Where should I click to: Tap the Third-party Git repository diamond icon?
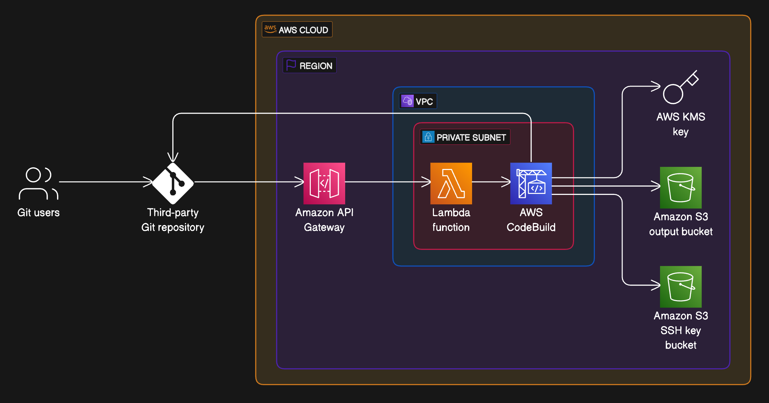point(173,183)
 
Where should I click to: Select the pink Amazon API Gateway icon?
point(324,183)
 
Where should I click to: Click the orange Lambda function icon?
point(451,183)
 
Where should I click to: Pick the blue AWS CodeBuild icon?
point(531,183)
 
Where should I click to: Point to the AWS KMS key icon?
point(680,87)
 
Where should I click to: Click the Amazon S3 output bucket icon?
point(680,188)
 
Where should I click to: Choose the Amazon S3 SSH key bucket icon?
point(680,287)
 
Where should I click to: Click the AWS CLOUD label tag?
point(297,30)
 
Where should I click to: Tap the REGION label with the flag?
point(309,65)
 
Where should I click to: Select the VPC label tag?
point(418,101)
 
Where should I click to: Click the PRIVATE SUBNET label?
point(471,137)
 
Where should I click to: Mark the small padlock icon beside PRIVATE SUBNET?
point(428,137)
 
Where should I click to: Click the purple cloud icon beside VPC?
point(407,101)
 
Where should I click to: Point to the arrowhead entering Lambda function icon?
point(427,182)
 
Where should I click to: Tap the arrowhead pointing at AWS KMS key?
point(656,86)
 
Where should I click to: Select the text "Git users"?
point(38,212)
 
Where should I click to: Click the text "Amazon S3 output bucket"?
point(680,224)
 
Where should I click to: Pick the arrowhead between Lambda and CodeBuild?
point(506,182)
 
